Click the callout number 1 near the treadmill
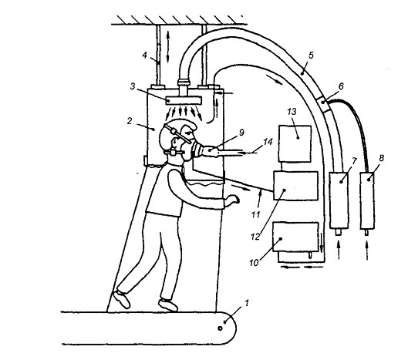coord(246,303)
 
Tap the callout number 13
coord(292,112)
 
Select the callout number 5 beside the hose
coord(311,56)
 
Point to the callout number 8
coord(381,158)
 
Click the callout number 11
coord(256,215)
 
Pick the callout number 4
coord(145,56)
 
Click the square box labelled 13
coord(295,144)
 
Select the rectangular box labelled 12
coord(295,186)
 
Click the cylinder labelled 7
coord(339,200)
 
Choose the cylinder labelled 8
coord(367,201)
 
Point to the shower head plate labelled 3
coord(184,100)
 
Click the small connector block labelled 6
coord(323,103)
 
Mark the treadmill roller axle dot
coord(220,328)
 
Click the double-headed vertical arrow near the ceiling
coord(168,47)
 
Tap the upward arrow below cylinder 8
coord(367,251)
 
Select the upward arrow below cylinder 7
coord(339,251)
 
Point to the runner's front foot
coord(168,304)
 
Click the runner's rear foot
coord(121,299)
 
